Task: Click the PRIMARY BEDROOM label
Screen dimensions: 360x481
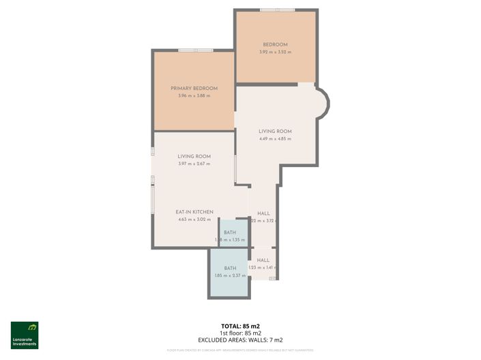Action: (x=194, y=89)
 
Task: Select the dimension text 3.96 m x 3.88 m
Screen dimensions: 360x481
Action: (x=194, y=96)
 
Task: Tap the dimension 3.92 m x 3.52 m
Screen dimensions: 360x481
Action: (x=275, y=52)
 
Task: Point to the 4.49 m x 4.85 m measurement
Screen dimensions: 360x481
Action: (x=275, y=139)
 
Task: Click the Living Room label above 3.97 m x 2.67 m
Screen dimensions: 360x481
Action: (x=194, y=156)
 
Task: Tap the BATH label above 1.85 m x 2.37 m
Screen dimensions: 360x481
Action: (x=230, y=268)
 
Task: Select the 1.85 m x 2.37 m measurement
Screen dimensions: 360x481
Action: (x=230, y=275)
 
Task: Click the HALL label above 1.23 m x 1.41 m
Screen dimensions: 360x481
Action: (x=263, y=260)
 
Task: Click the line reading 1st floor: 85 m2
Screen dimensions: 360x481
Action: (x=240, y=332)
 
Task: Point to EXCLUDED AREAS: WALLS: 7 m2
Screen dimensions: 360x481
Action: (x=240, y=340)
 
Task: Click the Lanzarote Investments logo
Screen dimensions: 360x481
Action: (x=25, y=335)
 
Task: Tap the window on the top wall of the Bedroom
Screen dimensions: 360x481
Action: (x=277, y=10)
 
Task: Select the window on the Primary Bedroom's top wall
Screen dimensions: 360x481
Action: (x=195, y=50)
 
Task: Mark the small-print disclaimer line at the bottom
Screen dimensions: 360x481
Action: (x=240, y=350)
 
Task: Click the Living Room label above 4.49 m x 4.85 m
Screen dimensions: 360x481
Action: (x=275, y=132)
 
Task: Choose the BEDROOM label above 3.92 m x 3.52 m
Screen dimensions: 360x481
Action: (x=275, y=45)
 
